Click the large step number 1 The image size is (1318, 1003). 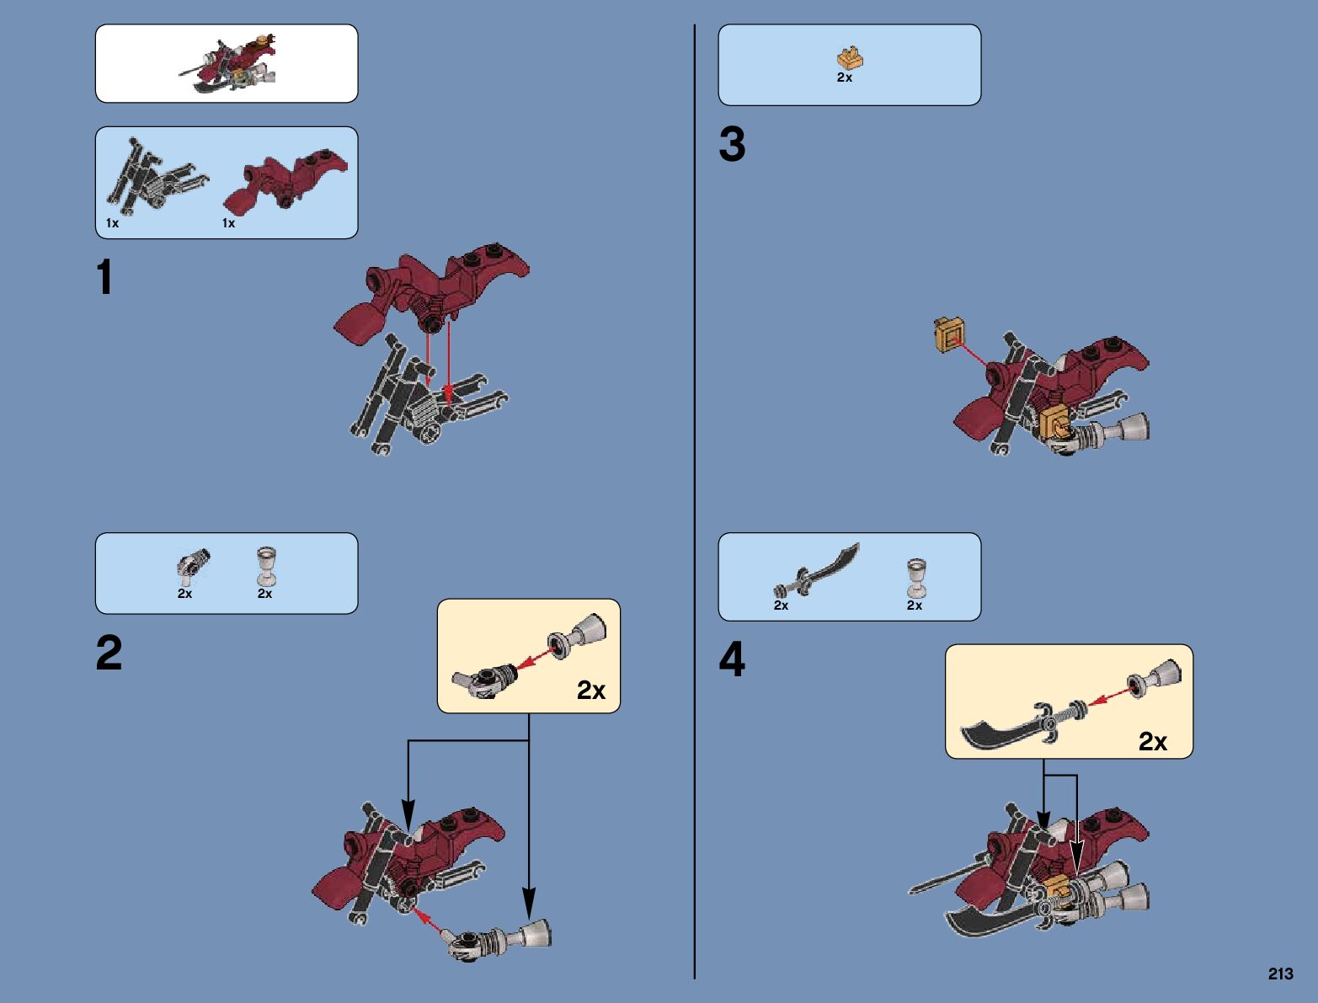[104, 277]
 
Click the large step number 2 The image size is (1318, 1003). [109, 654]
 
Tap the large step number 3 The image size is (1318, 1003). [732, 144]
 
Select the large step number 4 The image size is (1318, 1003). [732, 659]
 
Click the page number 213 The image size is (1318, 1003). [1280, 974]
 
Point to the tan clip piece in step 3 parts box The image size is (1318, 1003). [850, 57]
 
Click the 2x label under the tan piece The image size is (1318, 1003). [844, 77]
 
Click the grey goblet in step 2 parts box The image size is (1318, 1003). [266, 565]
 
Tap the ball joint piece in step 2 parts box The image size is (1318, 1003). [192, 564]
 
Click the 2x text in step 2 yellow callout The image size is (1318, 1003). [591, 691]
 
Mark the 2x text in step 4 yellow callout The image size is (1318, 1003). [1152, 741]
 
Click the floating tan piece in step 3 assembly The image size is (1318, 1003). [950, 335]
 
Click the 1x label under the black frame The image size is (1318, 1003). [112, 223]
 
